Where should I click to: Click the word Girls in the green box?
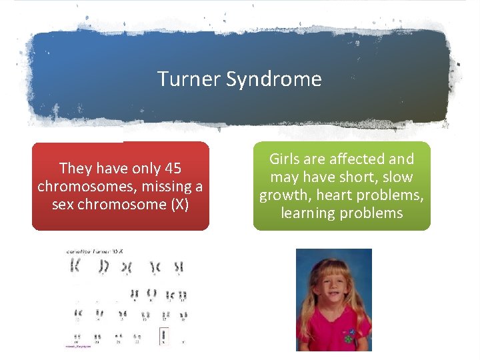point(285,159)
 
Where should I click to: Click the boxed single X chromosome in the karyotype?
point(163,336)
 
